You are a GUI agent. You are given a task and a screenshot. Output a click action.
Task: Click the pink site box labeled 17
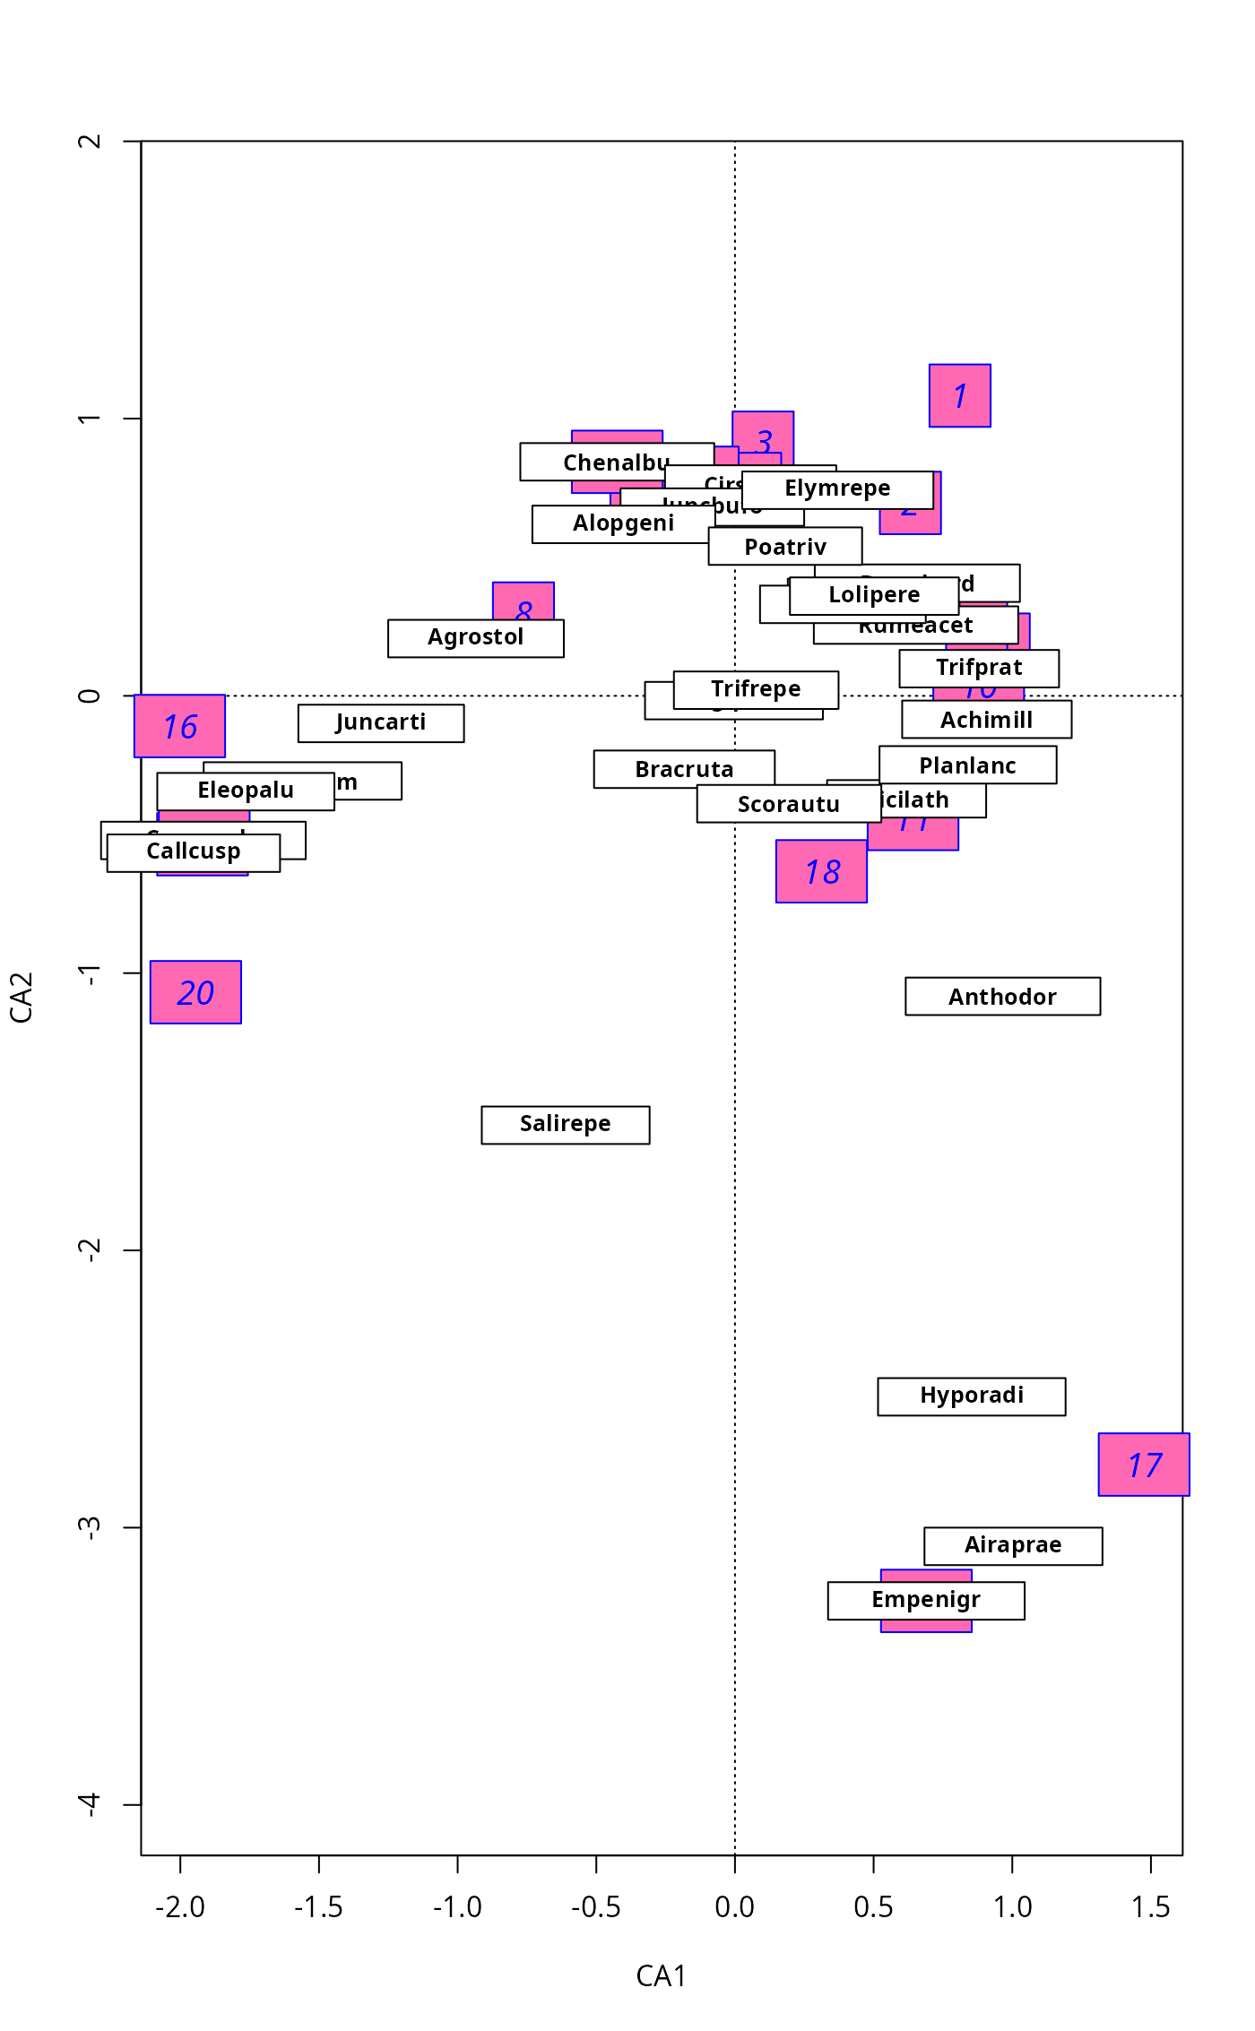pyautogui.click(x=1144, y=1465)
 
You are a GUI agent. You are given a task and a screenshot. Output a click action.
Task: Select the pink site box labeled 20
pyautogui.click(x=195, y=992)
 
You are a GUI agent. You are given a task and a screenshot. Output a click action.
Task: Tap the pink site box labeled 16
pyautogui.click(x=179, y=726)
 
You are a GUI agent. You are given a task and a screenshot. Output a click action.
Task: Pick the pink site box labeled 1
pyautogui.click(x=959, y=395)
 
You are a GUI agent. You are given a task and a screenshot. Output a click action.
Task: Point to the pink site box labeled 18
pyautogui.click(x=821, y=871)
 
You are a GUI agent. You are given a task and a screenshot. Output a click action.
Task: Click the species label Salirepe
pyautogui.click(x=566, y=1124)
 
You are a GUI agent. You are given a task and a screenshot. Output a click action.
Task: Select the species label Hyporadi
pyautogui.click(x=972, y=1396)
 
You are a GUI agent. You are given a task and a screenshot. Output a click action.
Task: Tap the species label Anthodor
pyautogui.click(x=1002, y=996)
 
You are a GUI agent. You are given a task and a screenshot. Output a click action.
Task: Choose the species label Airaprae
pyautogui.click(x=1013, y=1545)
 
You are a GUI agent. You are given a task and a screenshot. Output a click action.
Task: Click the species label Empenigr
pyautogui.click(x=926, y=1600)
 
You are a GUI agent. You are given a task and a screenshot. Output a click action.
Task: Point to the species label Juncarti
pyautogui.click(x=381, y=722)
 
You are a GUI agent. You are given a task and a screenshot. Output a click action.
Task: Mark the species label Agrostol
pyautogui.click(x=475, y=638)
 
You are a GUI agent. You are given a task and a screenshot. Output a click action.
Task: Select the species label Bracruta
pyautogui.click(x=684, y=769)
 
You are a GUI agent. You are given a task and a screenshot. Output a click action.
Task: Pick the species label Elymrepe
pyautogui.click(x=837, y=489)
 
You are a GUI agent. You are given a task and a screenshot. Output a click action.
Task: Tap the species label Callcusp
pyautogui.click(x=194, y=851)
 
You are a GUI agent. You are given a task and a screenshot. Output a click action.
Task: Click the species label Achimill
pyautogui.click(x=986, y=720)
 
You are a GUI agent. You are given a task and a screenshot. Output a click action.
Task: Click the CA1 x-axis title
pyautogui.click(x=661, y=1975)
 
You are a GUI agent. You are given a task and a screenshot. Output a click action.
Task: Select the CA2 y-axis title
pyautogui.click(x=22, y=997)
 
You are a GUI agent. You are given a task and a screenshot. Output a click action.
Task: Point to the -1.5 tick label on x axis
pyautogui.click(x=318, y=1907)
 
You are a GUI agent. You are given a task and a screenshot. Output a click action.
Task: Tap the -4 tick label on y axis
pyautogui.click(x=90, y=1804)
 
